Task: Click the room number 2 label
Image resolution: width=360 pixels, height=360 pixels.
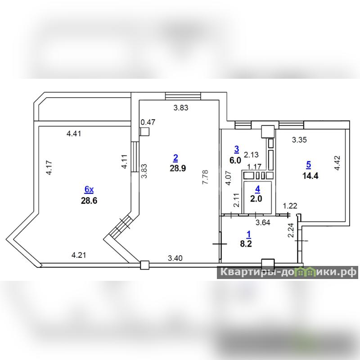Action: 175,158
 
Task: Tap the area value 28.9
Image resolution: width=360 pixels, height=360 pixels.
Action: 178,168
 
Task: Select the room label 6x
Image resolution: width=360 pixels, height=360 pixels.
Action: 89,189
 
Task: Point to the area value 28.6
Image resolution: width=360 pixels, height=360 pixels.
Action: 89,201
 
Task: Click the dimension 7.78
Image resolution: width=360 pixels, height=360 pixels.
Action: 205,177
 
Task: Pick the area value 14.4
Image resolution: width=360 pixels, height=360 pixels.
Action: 310,176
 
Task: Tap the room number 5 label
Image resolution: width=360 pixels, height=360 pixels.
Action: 309,165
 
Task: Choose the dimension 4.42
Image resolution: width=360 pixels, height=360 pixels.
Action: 337,163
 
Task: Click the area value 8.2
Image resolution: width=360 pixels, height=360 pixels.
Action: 246,243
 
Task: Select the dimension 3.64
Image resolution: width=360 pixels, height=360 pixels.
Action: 263,222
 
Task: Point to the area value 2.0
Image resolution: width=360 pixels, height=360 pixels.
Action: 256,199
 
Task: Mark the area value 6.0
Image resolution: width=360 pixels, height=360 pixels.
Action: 235,160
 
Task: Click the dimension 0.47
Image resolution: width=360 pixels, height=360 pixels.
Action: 148,122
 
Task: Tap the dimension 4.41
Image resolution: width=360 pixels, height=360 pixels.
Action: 74,133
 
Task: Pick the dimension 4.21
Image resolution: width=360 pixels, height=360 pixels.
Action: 79,255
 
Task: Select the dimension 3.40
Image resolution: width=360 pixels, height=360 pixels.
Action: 175,258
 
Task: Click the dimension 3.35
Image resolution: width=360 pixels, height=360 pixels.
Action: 299,139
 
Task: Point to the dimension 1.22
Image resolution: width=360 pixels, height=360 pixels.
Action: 290,206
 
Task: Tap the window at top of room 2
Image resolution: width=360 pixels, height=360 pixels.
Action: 183,96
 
